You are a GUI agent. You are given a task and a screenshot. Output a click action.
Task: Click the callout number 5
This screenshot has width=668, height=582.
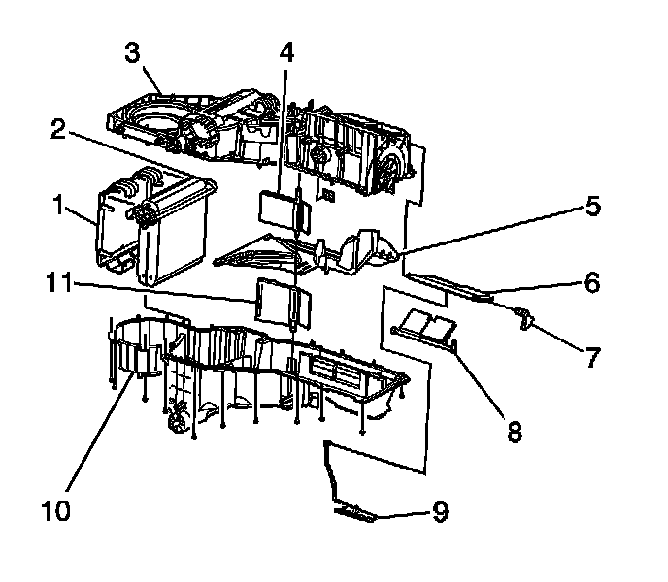(x=592, y=207)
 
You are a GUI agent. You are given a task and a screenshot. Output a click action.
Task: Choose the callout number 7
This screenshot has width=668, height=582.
(x=591, y=358)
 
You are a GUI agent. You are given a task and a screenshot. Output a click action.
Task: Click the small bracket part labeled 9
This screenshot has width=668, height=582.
(x=354, y=511)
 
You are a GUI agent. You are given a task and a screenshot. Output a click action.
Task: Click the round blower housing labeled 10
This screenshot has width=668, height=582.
(x=138, y=349)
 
